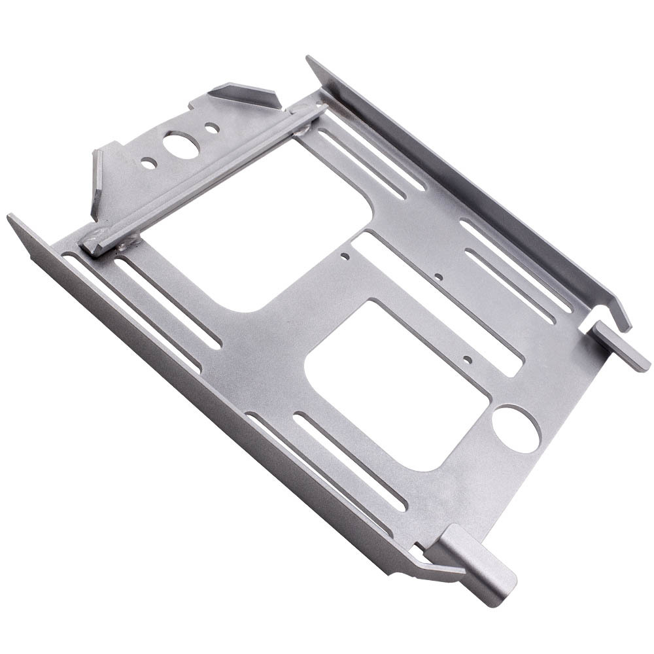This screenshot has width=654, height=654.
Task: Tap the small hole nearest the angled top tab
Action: click(x=210, y=128)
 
